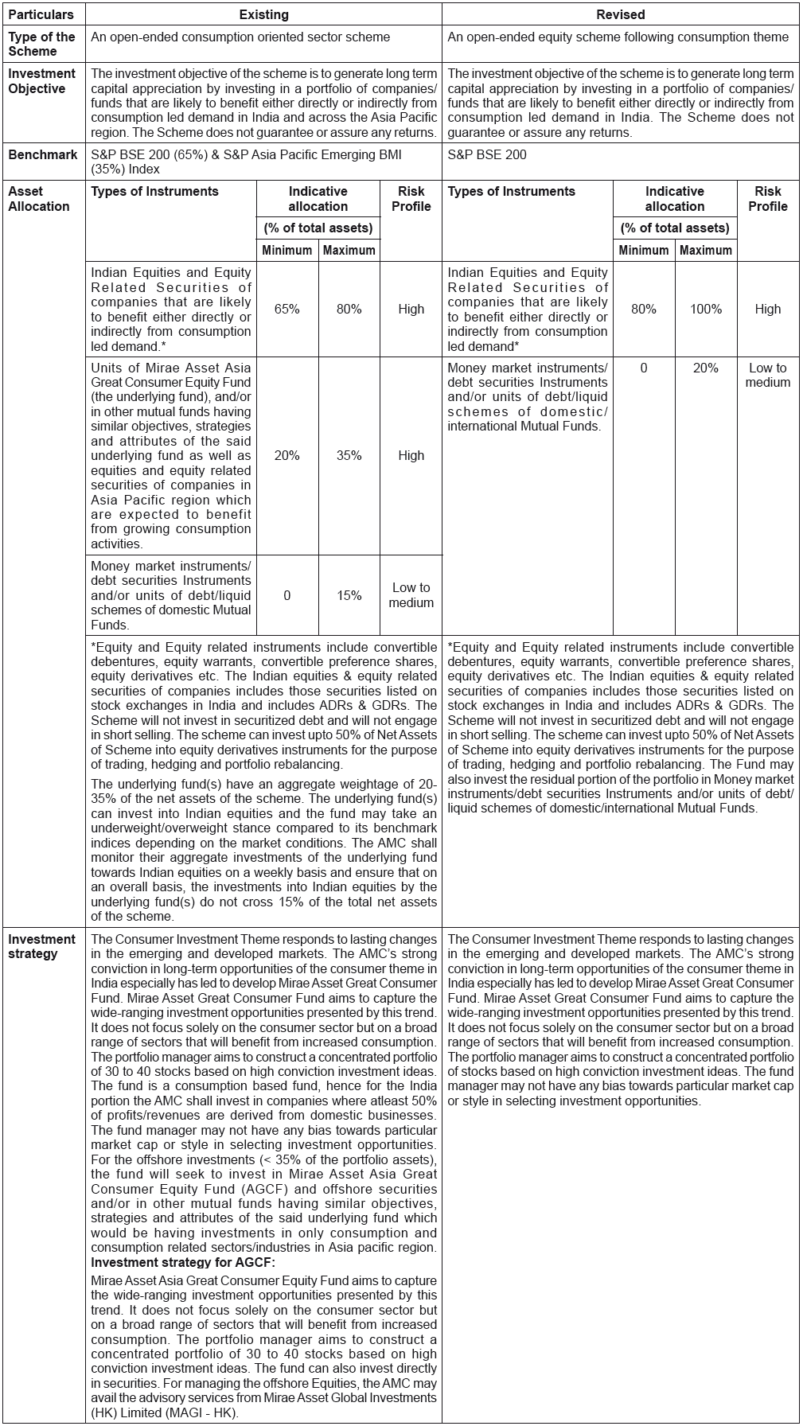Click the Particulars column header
(41, 14)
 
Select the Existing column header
(263, 14)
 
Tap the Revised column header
(620, 14)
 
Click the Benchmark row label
(43, 154)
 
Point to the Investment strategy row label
(41, 946)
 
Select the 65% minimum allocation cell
(287, 309)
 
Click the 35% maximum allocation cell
(349, 455)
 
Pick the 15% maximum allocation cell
(349, 595)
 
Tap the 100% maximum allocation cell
(705, 309)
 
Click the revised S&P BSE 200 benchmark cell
(487, 154)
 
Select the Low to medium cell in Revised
(767, 375)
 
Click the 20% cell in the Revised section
(705, 368)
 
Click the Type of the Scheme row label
(41, 44)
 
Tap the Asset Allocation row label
(39, 199)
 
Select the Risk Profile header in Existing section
(411, 199)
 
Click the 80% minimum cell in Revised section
(644, 309)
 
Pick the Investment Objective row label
(41, 81)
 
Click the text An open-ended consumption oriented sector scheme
(240, 37)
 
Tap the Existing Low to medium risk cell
(411, 595)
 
